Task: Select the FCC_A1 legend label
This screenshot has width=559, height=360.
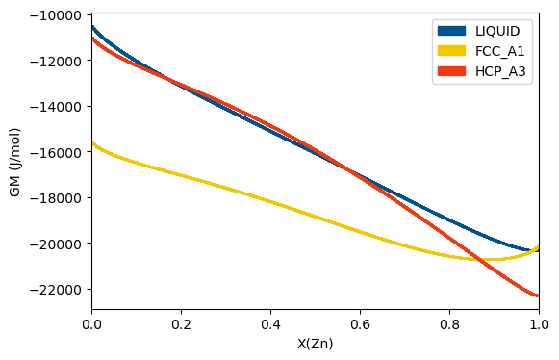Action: (x=499, y=50)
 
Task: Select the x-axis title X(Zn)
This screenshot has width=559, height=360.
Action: (x=315, y=344)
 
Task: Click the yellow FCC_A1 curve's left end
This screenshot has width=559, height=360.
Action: (x=92, y=143)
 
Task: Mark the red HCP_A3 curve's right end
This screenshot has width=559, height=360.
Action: (x=538, y=296)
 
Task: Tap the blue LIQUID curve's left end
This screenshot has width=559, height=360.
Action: (x=92, y=27)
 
